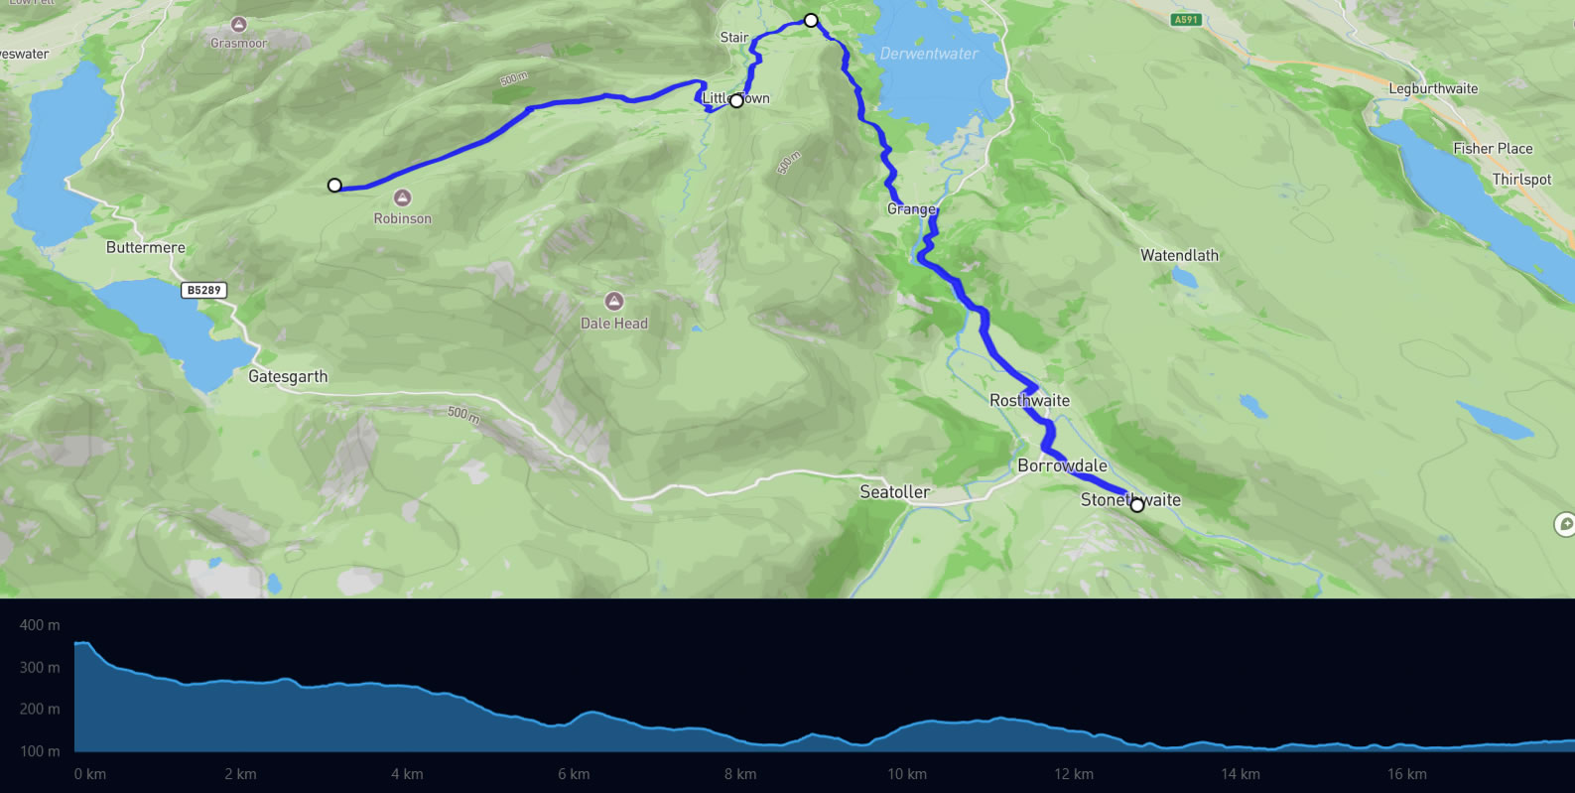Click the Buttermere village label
[x=145, y=247]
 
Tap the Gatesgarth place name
[x=287, y=376]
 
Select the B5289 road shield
[x=203, y=290]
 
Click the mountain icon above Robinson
[x=402, y=198]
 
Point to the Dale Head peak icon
[x=614, y=301]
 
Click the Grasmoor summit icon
[x=238, y=23]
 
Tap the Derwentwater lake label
[x=929, y=54]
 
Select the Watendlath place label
[x=1179, y=255]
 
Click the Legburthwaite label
[x=1432, y=88]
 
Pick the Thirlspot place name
[x=1521, y=180]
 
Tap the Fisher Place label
[x=1493, y=149]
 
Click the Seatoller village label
[x=894, y=492]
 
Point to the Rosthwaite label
[x=1029, y=401]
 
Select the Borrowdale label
[x=1062, y=465]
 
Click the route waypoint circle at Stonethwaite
[x=1136, y=505]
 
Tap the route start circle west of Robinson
[x=334, y=186]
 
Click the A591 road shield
[x=1185, y=20]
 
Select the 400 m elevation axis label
[x=40, y=625]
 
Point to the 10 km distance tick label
[x=906, y=774]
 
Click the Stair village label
[x=734, y=38]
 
